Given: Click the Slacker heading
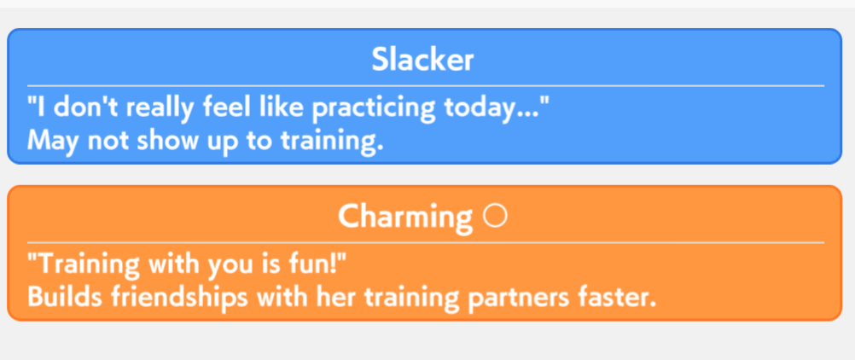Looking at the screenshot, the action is pyautogui.click(x=422, y=60).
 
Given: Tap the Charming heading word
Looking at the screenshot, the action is pyautogui.click(x=405, y=217).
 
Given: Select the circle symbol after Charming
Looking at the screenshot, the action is pyautogui.click(x=495, y=216).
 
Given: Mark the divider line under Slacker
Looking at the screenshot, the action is pyautogui.click(x=425, y=86).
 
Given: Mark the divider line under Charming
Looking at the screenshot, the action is pyautogui.click(x=425, y=243).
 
